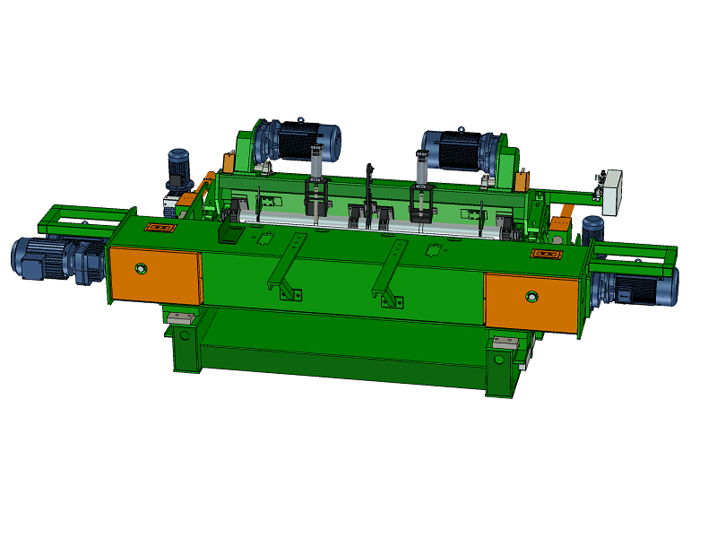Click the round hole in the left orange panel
(139, 267)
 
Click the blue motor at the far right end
(643, 289)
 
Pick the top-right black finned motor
(459, 150)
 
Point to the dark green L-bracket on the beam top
(231, 231)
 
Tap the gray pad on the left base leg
(182, 317)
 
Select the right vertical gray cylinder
(421, 170)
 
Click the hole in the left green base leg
(184, 335)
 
